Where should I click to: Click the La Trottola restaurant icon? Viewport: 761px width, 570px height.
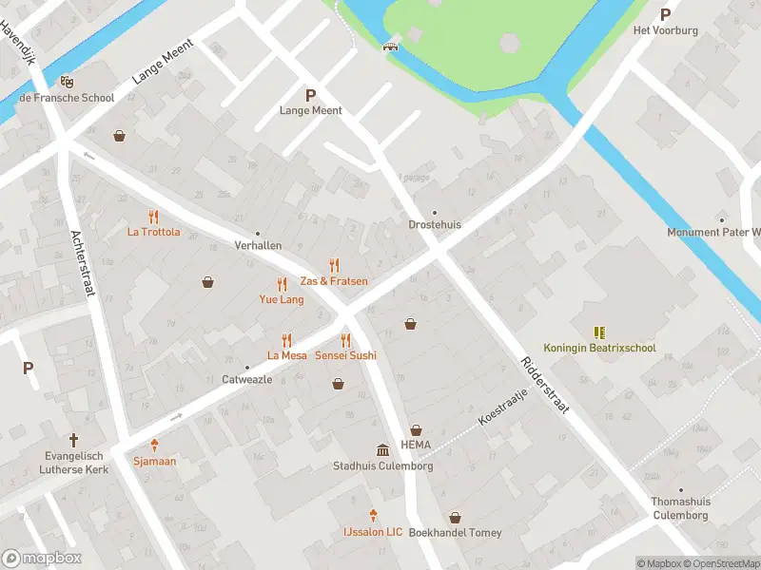point(153,217)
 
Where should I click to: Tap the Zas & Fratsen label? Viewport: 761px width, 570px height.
point(334,281)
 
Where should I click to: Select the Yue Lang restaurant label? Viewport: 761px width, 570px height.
point(282,299)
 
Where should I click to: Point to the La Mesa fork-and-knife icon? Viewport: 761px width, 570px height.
point(286,340)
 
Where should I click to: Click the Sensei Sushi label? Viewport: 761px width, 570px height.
point(345,355)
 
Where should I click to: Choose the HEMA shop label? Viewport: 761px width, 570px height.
point(416,445)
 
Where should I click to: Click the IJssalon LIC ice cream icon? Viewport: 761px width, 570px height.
point(373,516)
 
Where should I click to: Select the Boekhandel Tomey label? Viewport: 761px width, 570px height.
point(455,533)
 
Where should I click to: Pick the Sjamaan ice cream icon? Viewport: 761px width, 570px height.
point(154,446)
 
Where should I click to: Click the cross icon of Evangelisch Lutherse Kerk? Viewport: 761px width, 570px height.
point(73,440)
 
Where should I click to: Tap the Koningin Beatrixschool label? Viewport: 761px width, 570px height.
point(599,348)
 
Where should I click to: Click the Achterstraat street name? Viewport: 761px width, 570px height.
point(83,264)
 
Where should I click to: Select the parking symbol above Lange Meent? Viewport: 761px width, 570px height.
point(310,94)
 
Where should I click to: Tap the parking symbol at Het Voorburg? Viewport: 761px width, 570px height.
point(665,14)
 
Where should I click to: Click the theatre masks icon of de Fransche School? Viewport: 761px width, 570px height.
point(67,83)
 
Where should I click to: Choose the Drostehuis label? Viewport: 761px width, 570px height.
point(435,225)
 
